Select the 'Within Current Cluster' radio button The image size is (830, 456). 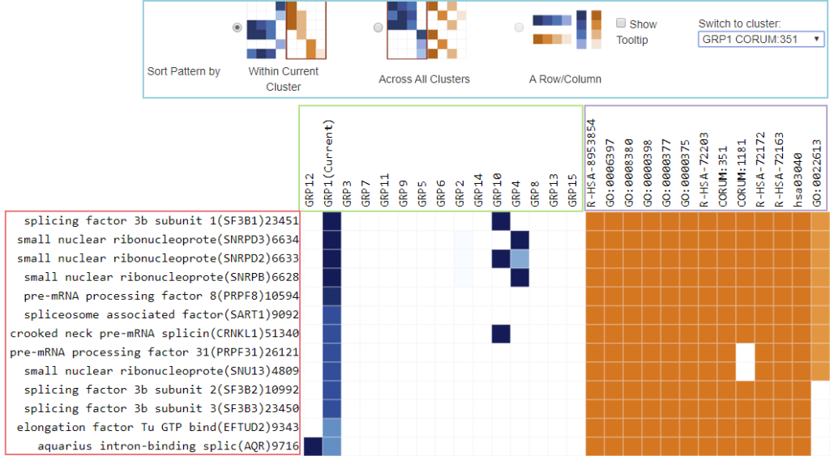(237, 28)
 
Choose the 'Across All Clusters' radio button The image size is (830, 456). (378, 28)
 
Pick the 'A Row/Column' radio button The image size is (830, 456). (519, 28)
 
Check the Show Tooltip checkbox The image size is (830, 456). (621, 23)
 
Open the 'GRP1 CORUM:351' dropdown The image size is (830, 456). (761, 39)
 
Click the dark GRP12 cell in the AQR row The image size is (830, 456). (312, 446)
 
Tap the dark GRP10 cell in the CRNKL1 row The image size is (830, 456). (500, 334)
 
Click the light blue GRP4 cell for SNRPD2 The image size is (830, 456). (520, 258)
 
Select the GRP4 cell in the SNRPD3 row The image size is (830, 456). (520, 240)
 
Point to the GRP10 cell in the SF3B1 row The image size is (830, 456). (500, 221)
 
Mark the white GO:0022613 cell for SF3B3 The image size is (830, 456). (819, 409)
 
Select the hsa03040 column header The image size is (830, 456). (800, 178)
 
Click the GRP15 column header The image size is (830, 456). (573, 191)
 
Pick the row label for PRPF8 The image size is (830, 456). (153, 296)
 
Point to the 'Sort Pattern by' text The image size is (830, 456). (183, 71)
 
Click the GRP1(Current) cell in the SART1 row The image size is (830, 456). (332, 315)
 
